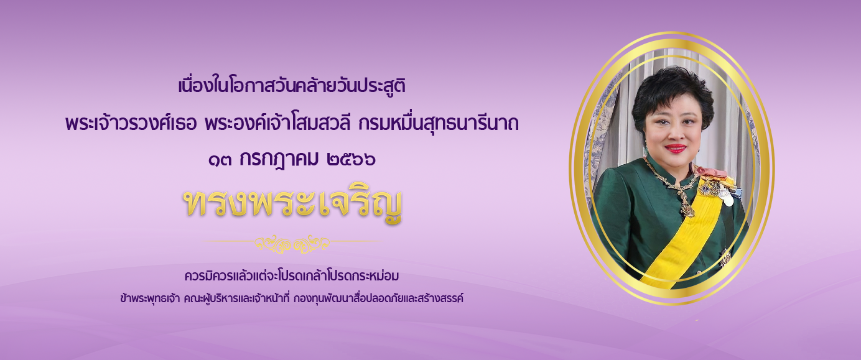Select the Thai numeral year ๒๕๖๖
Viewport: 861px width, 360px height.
coord(351,159)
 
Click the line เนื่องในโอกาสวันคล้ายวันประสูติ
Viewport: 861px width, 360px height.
coord(292,86)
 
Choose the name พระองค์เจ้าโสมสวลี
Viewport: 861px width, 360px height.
coord(277,123)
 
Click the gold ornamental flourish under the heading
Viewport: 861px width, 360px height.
coord(292,244)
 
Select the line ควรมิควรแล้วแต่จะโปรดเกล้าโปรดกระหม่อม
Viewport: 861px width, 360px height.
coord(292,275)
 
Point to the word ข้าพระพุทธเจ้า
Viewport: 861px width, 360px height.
coord(150,298)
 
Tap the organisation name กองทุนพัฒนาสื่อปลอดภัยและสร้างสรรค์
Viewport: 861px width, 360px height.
coord(378,298)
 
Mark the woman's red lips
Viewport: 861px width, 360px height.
coord(676,149)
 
